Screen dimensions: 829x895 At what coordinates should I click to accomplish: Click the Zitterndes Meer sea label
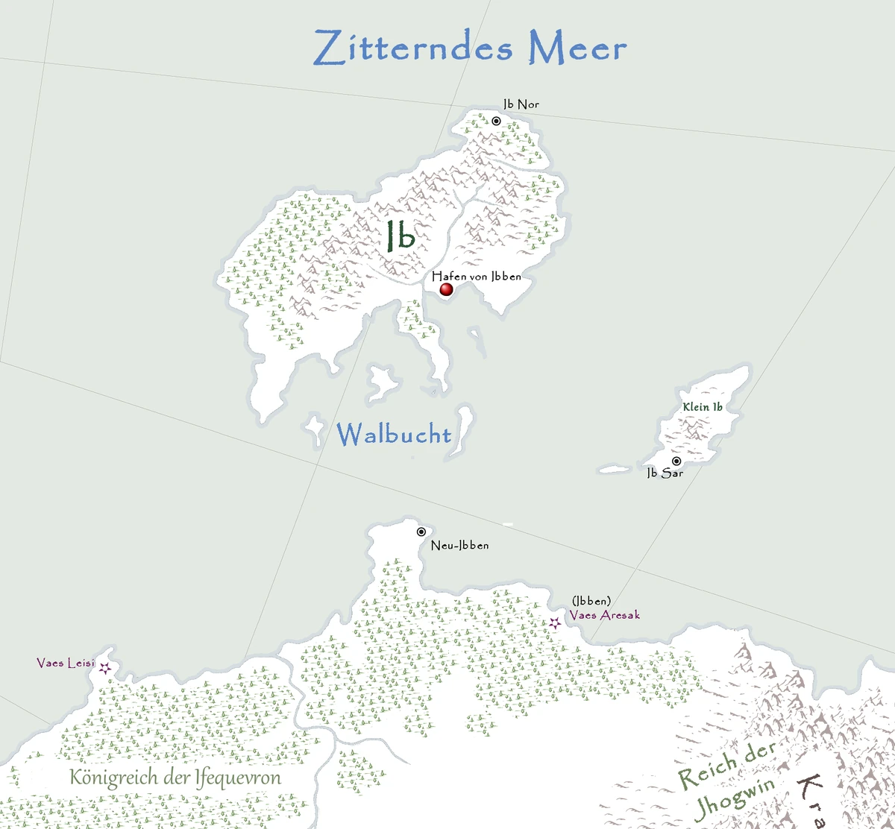tap(470, 48)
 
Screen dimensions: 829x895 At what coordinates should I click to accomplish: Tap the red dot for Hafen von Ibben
tap(447, 289)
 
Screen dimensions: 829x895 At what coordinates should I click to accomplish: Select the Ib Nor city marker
tap(496, 121)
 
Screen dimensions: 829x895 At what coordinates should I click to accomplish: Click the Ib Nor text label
tap(521, 104)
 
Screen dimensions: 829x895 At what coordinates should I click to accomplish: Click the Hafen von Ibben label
tap(477, 276)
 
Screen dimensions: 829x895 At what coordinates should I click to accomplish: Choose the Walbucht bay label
tap(394, 435)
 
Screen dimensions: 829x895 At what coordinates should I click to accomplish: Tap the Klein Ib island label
tap(703, 407)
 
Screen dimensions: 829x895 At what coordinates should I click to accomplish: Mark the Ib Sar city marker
tap(676, 461)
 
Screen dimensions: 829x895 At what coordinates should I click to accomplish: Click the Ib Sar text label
tap(665, 473)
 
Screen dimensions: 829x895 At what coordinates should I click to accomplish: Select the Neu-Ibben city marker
tap(421, 532)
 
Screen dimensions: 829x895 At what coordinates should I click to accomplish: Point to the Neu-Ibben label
tap(460, 546)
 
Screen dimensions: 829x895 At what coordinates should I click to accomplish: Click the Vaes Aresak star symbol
tap(554, 622)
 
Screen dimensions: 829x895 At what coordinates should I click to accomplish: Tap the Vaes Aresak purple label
tap(604, 615)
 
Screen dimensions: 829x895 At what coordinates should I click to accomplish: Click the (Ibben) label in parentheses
tap(591, 601)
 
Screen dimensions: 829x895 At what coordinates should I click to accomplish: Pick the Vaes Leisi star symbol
tap(105, 668)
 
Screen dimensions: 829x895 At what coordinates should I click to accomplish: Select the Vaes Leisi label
tap(66, 663)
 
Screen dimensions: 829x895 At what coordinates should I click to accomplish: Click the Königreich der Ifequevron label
tap(175, 778)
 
